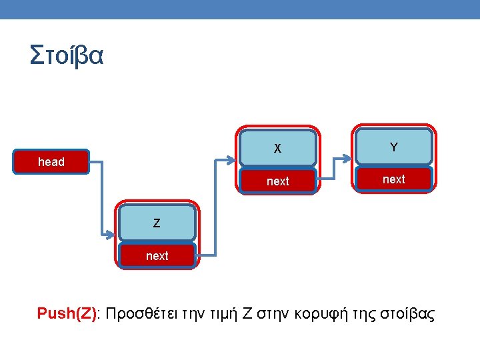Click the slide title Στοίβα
coord(67,55)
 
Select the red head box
coord(52,161)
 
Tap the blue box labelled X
coord(277,147)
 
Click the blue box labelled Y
coord(393,147)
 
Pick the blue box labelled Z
coord(157,223)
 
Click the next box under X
coord(277,181)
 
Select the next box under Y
coord(393,179)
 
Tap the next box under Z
coord(157,255)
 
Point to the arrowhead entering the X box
coord(234,160)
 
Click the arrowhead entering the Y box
coord(349,158)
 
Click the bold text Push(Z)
coord(67,314)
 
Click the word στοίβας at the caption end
coord(407,314)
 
